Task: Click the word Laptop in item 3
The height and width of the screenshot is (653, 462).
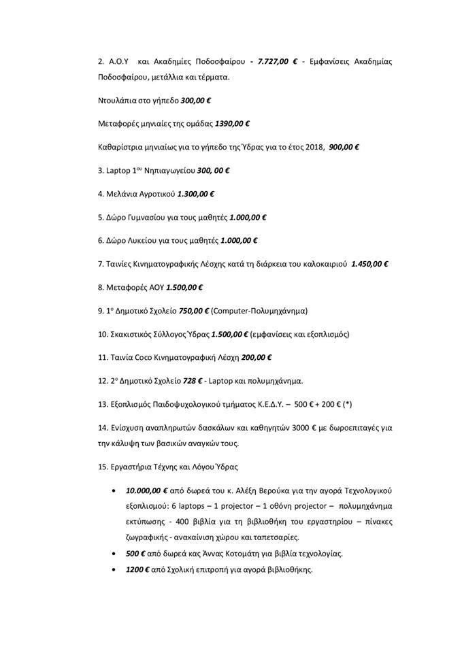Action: pos(120,170)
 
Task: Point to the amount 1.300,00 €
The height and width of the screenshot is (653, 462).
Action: pos(195,194)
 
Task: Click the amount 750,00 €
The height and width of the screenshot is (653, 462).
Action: pos(194,310)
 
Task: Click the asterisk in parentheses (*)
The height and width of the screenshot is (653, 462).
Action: pos(347,404)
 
